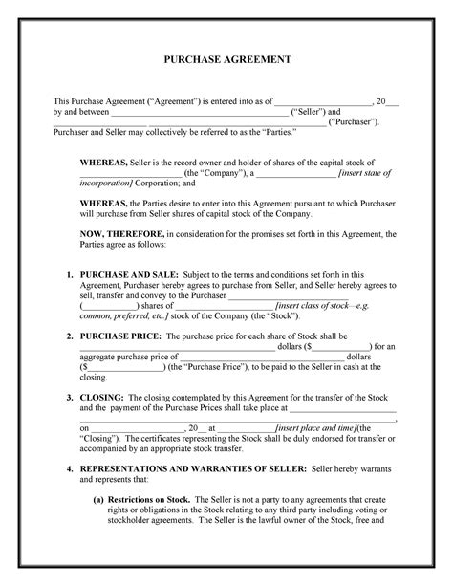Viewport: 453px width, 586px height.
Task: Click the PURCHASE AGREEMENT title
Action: [226, 59]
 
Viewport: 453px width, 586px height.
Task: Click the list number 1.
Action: [70, 274]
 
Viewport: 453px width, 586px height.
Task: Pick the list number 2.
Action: [70, 337]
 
